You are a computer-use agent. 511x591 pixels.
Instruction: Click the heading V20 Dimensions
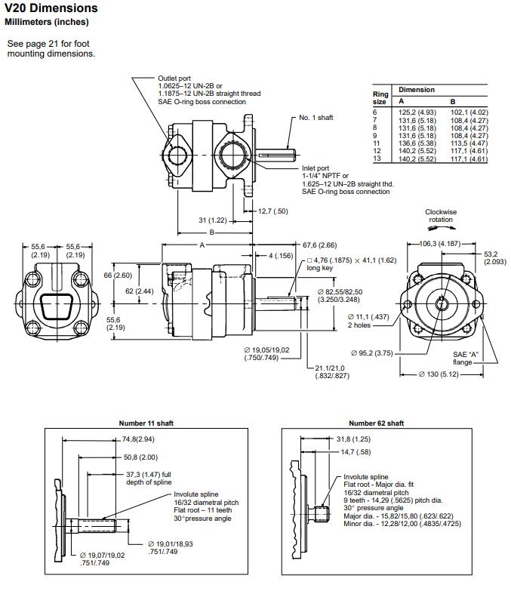[x=51, y=8]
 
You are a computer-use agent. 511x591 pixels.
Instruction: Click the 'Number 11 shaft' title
[x=146, y=423]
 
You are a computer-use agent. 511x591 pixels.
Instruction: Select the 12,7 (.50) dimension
[x=272, y=211]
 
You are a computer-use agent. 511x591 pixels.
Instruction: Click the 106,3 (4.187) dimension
[x=440, y=244]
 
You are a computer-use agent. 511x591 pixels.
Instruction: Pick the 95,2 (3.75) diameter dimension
[x=373, y=352]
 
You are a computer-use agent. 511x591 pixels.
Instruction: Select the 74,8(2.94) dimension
[x=137, y=439]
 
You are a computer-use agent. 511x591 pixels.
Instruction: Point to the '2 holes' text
[x=360, y=325]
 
